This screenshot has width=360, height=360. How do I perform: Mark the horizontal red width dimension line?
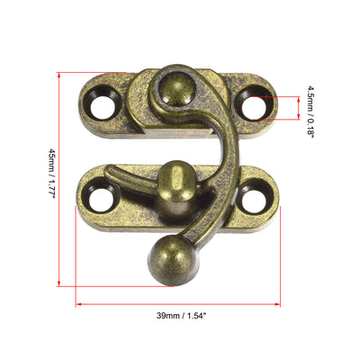pyautogui.click(x=177, y=304)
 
